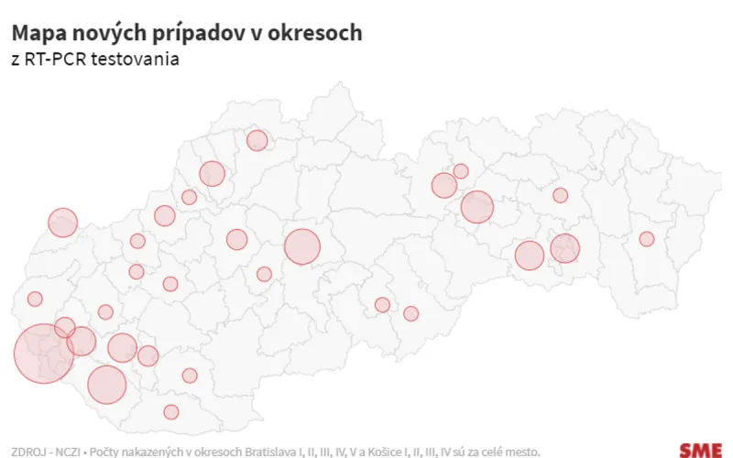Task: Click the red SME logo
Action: click(x=700, y=450)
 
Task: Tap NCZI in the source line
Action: click(x=67, y=451)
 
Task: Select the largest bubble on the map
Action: click(x=43, y=354)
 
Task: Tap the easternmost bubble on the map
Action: click(x=647, y=239)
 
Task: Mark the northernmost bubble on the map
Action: click(x=257, y=140)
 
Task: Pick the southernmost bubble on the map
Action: click(x=171, y=411)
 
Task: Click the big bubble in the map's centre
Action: click(x=302, y=246)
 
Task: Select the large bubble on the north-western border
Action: click(x=63, y=223)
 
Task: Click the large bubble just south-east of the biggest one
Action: click(x=107, y=385)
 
